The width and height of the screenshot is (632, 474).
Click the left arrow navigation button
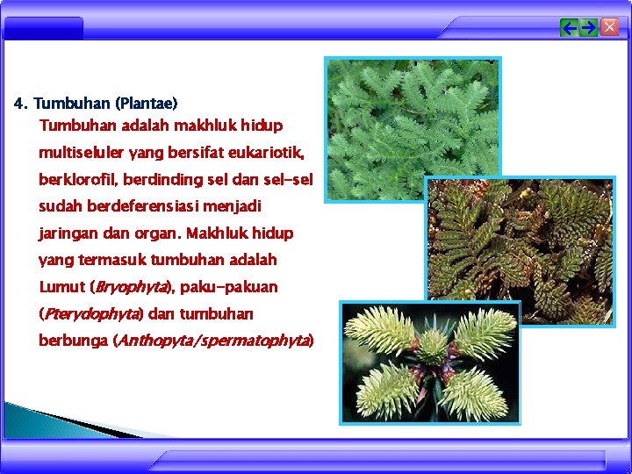tap(570, 28)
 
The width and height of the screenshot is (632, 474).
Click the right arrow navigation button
tap(589, 28)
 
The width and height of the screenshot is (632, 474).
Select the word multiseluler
tap(82, 154)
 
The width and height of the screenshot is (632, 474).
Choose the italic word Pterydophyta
tap(92, 313)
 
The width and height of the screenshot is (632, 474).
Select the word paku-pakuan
tap(229, 287)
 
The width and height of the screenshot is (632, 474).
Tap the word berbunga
tap(74, 341)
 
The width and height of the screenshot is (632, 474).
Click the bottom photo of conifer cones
tap(430, 363)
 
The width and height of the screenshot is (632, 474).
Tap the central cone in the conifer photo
tap(432, 347)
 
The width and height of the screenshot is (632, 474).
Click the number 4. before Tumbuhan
tap(20, 104)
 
